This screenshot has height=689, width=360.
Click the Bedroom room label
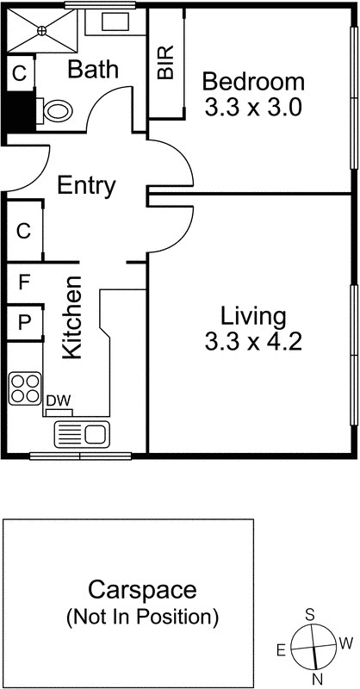[253, 83]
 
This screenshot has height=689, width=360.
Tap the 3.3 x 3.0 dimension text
[253, 109]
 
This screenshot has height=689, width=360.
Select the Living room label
[252, 314]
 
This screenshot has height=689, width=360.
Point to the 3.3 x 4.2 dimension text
[252, 342]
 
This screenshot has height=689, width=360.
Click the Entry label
[86, 186]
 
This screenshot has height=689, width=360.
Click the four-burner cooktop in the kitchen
[26, 388]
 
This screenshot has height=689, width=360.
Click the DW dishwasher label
[58, 400]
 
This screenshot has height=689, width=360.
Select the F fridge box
[24, 281]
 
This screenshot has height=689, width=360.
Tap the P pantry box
[24, 323]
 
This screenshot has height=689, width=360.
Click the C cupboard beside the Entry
[24, 231]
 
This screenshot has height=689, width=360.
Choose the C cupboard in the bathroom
[18, 72]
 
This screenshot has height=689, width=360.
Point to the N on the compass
[316, 679]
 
